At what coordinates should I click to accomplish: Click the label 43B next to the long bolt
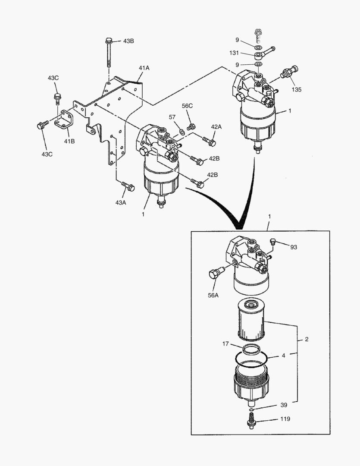[128, 41]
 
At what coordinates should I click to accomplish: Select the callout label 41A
[144, 68]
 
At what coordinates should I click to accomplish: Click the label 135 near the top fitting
[297, 89]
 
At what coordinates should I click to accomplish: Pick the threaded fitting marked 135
[289, 72]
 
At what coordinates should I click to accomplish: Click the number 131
[234, 53]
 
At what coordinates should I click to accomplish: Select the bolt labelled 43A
[128, 186]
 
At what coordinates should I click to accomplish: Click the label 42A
[216, 126]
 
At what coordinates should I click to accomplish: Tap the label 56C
[187, 106]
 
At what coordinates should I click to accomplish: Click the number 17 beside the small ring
[225, 343]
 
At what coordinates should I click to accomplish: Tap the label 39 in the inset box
[284, 405]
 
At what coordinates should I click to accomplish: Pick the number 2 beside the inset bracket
[307, 339]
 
